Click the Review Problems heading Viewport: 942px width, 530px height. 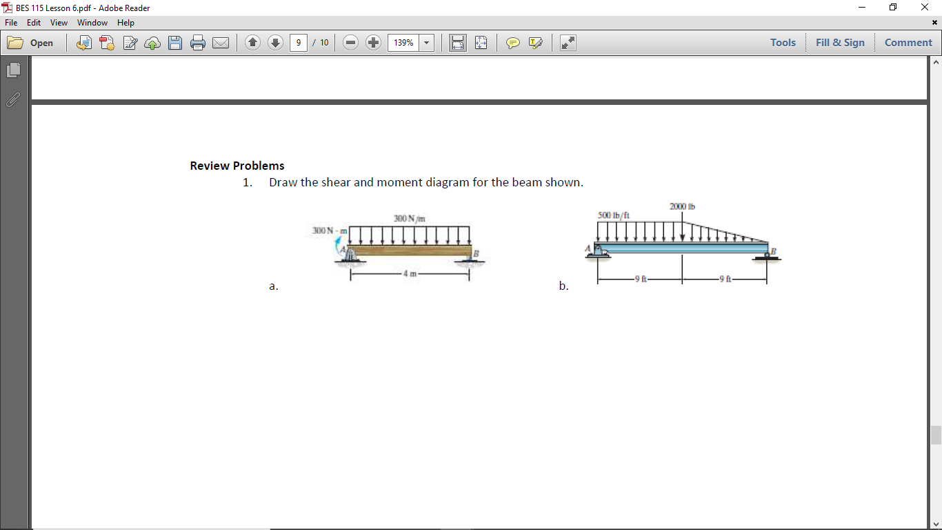(237, 166)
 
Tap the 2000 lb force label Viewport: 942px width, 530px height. (682, 206)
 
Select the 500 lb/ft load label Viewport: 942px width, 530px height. (614, 215)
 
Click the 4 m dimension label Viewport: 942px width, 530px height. (410, 275)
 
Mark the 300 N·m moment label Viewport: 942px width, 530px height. (328, 230)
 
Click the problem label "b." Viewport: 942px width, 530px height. (564, 286)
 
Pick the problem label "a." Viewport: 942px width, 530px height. (274, 286)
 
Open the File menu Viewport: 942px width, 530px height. (12, 23)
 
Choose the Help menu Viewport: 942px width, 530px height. (126, 23)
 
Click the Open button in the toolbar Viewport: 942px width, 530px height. (32, 43)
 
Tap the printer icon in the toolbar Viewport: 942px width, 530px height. (198, 43)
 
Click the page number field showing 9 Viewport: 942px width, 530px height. (298, 43)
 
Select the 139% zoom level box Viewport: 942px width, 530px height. (403, 43)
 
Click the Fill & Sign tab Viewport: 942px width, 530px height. (840, 43)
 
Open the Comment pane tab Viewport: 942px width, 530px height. (908, 43)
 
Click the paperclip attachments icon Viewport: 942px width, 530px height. (13, 100)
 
